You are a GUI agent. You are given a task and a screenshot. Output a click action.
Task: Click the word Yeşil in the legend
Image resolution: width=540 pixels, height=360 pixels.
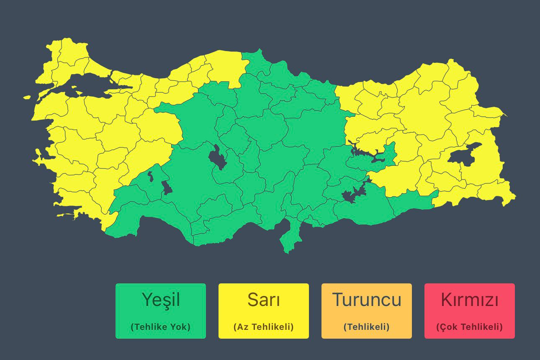pyautogui.click(x=161, y=300)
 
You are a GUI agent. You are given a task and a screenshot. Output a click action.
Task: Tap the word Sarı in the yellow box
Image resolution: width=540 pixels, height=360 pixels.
pyautogui.click(x=264, y=300)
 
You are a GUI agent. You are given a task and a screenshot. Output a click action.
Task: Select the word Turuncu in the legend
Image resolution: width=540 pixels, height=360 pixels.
pyautogui.click(x=367, y=300)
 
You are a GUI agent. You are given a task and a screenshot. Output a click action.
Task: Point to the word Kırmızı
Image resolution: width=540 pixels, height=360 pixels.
pyautogui.click(x=470, y=300)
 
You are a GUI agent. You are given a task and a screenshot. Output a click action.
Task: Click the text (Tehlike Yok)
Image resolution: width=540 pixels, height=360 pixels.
pyautogui.click(x=161, y=327)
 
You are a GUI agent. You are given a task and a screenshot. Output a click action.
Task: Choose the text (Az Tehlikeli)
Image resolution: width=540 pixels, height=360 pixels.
pyautogui.click(x=264, y=327)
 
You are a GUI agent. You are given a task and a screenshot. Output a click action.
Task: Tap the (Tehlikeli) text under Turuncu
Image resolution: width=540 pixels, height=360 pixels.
pyautogui.click(x=367, y=327)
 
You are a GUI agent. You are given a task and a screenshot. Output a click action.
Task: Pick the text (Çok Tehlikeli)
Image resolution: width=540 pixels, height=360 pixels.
pyautogui.click(x=470, y=327)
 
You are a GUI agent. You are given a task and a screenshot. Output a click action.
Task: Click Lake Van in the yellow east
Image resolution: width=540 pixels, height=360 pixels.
pyautogui.click(x=463, y=155)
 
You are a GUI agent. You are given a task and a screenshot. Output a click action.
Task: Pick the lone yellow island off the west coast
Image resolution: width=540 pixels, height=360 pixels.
pyautogui.click(x=27, y=98)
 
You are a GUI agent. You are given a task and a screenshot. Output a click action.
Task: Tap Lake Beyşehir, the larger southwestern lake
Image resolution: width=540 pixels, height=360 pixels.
pyautogui.click(x=167, y=188)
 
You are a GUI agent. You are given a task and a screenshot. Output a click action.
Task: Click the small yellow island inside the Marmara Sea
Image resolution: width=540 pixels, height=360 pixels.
pyautogui.click(x=75, y=89)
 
